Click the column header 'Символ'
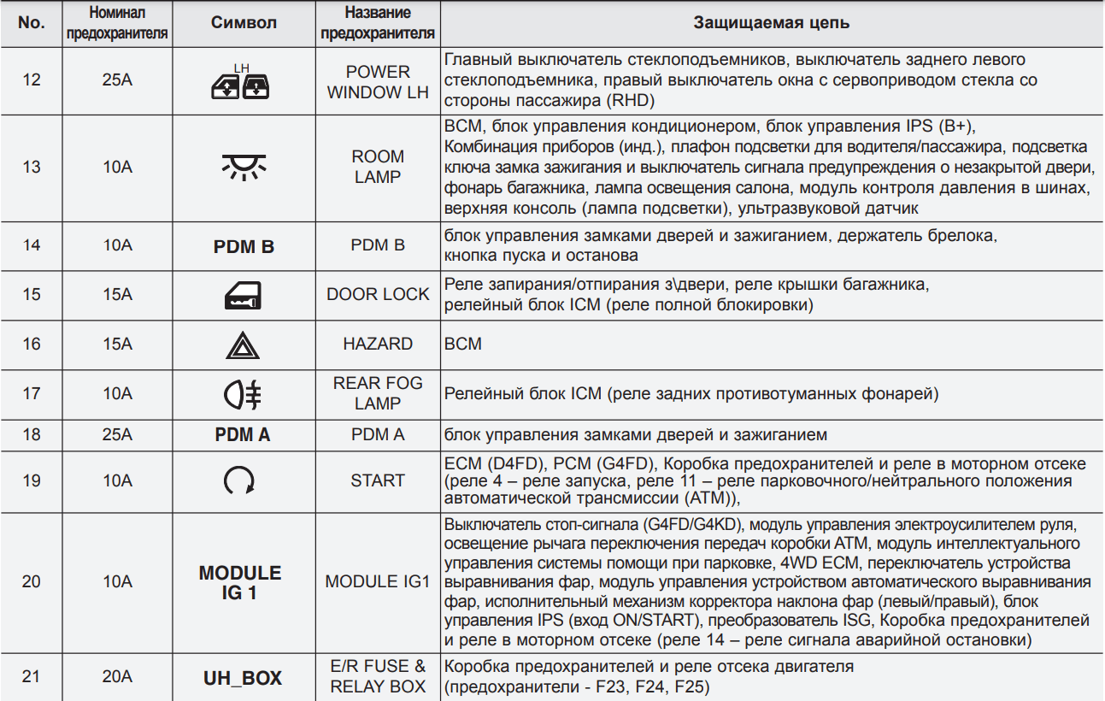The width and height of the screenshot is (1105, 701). (244, 23)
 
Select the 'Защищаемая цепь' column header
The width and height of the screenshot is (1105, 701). (771, 23)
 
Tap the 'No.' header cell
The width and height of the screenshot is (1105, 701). (32, 23)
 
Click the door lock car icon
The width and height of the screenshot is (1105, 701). (244, 295)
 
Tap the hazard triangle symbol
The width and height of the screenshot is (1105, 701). (244, 345)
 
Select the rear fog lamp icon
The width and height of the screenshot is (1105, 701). (244, 394)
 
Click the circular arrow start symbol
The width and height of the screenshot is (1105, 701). (239, 482)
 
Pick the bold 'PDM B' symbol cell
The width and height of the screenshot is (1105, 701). (244, 246)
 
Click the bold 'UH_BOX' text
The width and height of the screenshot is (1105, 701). (244, 679)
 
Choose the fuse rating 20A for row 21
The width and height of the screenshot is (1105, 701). (117, 677)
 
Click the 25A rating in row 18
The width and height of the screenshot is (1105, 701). (117, 435)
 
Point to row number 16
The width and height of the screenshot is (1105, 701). (32, 345)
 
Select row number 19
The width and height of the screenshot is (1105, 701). (32, 480)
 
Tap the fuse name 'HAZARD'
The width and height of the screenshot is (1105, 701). (378, 345)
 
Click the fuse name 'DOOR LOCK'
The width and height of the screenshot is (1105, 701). (378, 295)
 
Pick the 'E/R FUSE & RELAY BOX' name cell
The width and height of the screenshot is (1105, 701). (378, 676)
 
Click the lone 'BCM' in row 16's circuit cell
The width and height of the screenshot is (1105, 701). (463, 345)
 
